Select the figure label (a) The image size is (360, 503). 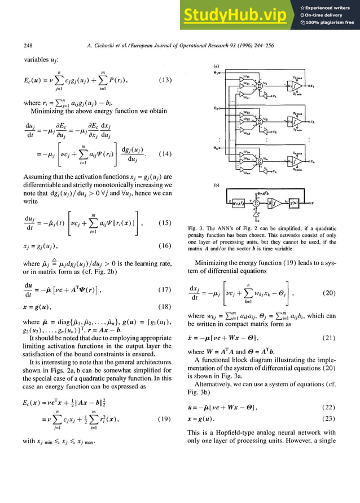pyautogui.click(x=216, y=67)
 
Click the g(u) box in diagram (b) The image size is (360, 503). pyautogui.click(x=291, y=202)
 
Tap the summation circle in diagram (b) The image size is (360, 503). pyautogui.click(x=256, y=202)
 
